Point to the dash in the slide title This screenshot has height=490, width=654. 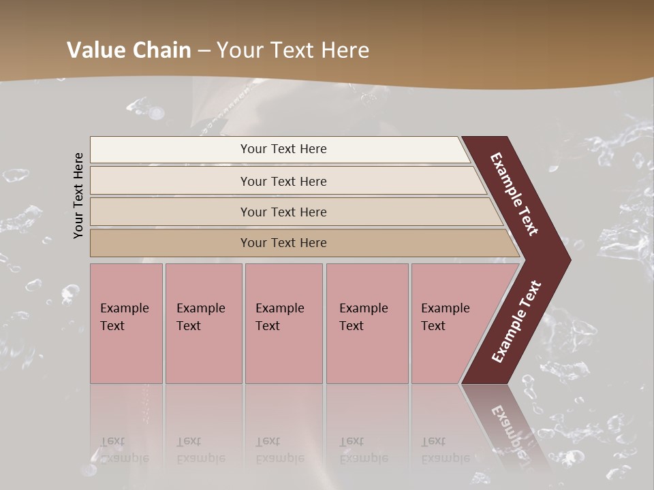[x=204, y=51]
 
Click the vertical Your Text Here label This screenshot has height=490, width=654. [x=78, y=195]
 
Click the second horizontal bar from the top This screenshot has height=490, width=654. [x=283, y=181]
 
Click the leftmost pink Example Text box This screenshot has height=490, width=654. [x=126, y=323]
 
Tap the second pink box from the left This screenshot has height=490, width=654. [x=203, y=323]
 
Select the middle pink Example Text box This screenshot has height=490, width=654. [x=283, y=323]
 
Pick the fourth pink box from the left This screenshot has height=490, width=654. [x=367, y=323]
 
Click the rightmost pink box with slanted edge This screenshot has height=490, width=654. [x=450, y=323]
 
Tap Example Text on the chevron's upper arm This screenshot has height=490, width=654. [x=515, y=194]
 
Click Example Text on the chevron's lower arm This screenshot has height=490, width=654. [x=516, y=322]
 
